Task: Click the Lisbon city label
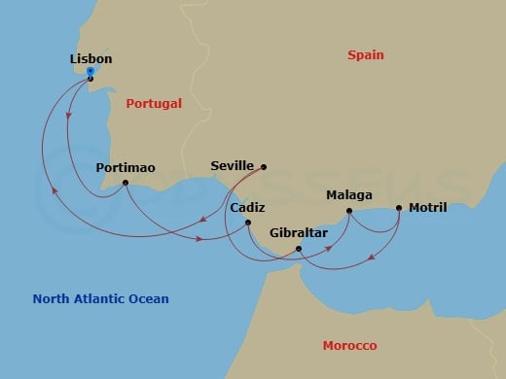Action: click(91, 58)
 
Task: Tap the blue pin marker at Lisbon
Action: click(90, 72)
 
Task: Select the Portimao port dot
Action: click(126, 183)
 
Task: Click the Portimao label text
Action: click(126, 167)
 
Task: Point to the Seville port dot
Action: click(264, 166)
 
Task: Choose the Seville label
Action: click(232, 166)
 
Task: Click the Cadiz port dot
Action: click(249, 224)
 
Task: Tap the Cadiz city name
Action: click(248, 208)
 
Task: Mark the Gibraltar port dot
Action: click(299, 250)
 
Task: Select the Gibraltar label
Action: click(300, 234)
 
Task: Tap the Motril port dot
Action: click(399, 208)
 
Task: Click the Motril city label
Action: click(428, 208)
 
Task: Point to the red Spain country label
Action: click(367, 55)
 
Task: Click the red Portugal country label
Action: click(154, 102)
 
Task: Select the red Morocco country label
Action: click(349, 346)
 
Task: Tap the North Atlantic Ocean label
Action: click(100, 298)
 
